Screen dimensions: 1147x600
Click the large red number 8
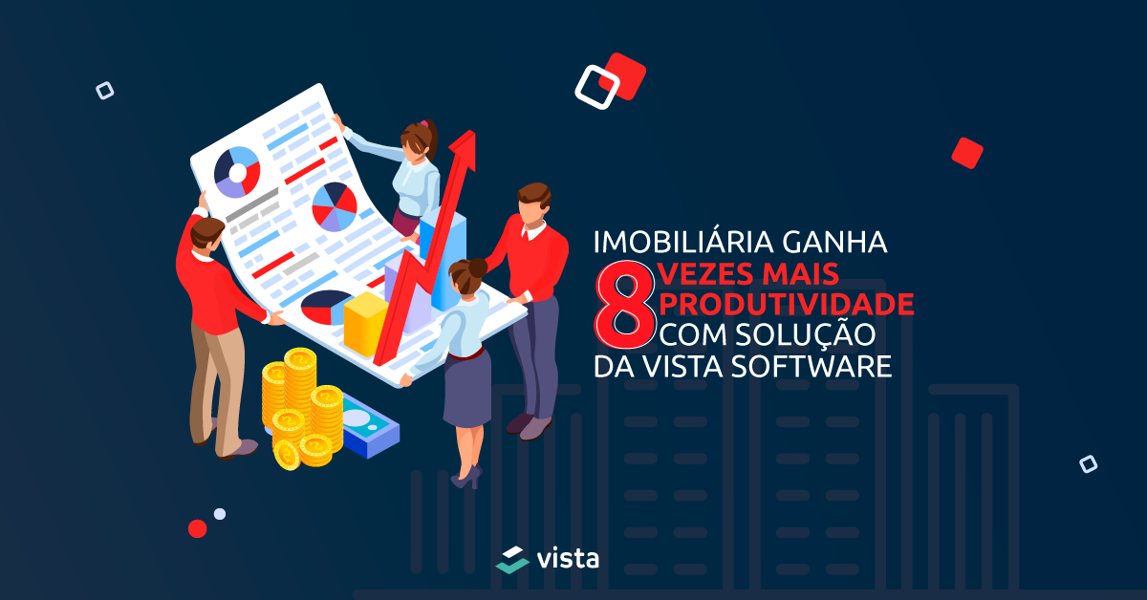pos(625,305)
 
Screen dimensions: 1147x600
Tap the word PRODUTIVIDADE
pos(786,304)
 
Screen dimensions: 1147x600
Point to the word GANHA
pos(834,242)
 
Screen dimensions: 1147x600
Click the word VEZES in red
pos(705,273)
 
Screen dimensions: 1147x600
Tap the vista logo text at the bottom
pos(568,559)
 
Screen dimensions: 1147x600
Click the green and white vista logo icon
pos(512,560)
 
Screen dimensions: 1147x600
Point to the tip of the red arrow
pos(473,132)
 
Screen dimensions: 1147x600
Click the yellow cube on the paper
pos(364,324)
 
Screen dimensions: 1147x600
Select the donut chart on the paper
pos(237,173)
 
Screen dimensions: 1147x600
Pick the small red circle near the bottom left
pos(197,529)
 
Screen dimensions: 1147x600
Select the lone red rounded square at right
pos(966,153)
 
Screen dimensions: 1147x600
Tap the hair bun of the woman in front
pos(477,268)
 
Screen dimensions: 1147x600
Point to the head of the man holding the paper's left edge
pos(206,233)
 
